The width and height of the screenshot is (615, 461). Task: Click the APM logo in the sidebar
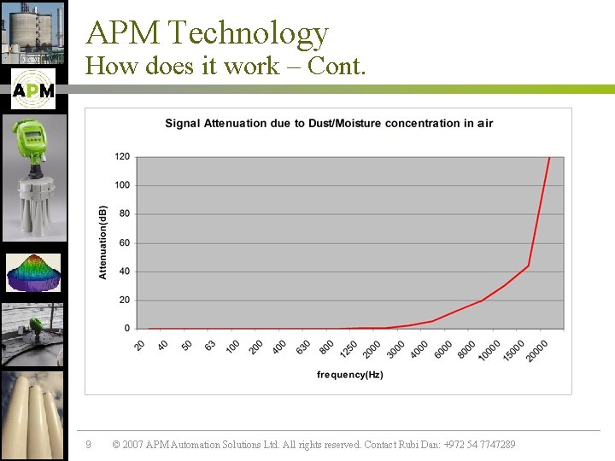tap(33, 90)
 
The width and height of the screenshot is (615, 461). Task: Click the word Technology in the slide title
tap(249, 32)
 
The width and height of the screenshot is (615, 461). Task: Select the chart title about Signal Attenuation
tap(329, 123)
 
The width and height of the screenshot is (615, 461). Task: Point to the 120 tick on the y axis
tap(122, 156)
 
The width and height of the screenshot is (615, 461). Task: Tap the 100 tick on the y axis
tap(122, 185)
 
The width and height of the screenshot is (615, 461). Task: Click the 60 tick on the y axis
tap(124, 242)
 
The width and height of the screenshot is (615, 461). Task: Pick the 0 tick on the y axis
tap(126, 329)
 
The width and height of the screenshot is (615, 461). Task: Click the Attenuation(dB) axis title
tap(103, 242)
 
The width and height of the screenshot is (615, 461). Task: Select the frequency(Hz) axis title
tap(349, 375)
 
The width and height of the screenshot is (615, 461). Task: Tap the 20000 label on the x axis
tap(538, 350)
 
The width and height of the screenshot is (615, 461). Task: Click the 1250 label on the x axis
tap(348, 349)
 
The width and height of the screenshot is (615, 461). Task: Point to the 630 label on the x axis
tap(303, 347)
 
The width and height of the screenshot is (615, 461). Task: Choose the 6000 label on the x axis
tap(443, 349)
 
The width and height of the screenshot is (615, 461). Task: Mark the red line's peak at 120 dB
tap(549, 158)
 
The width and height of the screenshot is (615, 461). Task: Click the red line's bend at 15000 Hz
tap(528, 266)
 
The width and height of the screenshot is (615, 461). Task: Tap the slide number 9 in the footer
tap(88, 445)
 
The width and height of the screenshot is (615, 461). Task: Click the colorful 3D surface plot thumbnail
tap(33, 273)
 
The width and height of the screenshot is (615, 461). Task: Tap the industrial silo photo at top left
tap(33, 32)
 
